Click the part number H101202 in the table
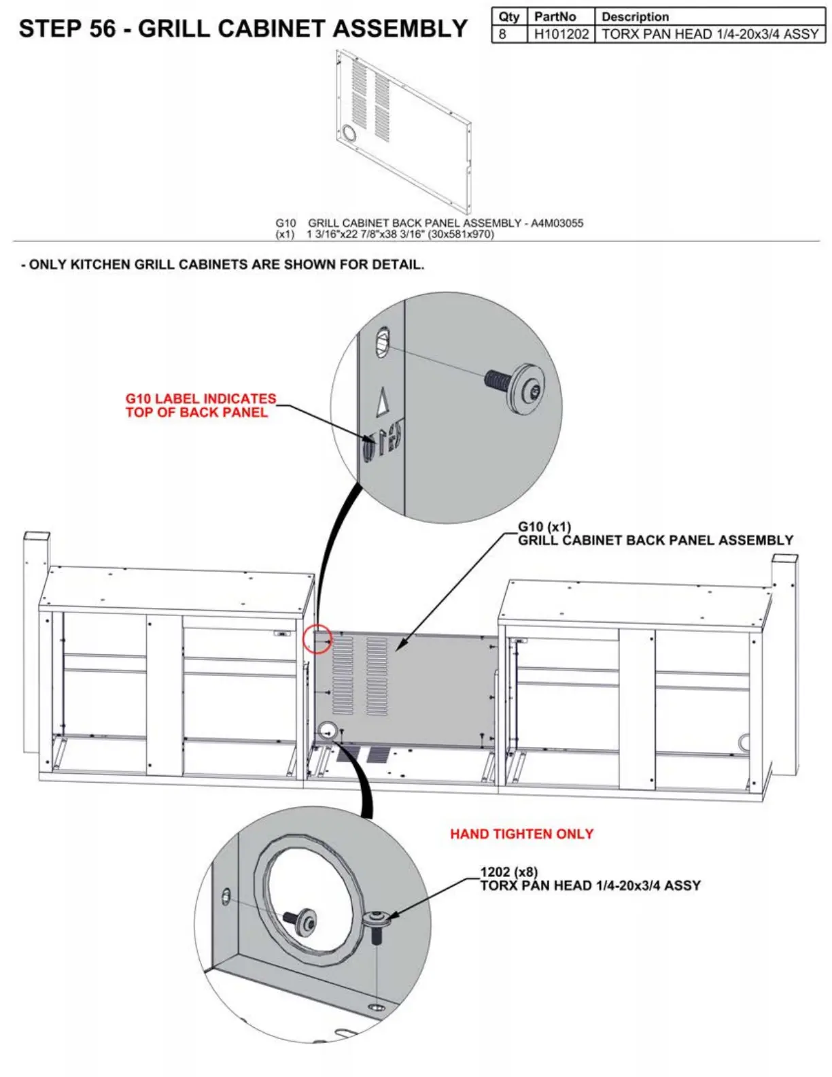click(561, 34)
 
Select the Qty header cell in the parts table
click(508, 17)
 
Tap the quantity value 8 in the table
click(502, 34)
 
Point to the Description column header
click(635, 17)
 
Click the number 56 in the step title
click(102, 29)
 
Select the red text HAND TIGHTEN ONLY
click(521, 834)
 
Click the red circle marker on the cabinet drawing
click(317, 639)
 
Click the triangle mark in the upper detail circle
click(383, 402)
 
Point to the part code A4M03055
click(557, 223)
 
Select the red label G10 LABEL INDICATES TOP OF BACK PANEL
click(201, 405)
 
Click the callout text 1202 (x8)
click(508, 872)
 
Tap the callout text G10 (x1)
click(544, 527)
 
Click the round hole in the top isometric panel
click(349, 133)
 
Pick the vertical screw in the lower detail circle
click(376, 927)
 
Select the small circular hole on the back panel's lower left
click(327, 732)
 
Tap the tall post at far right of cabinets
click(785, 663)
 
